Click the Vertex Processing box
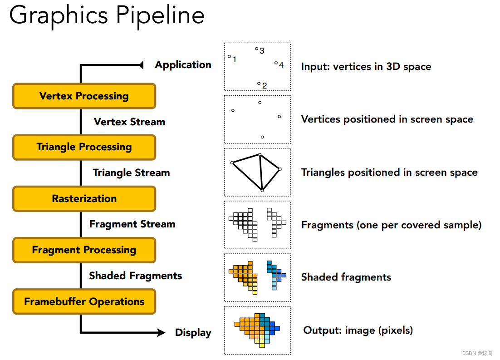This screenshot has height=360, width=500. click(x=84, y=96)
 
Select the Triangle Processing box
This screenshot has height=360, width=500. click(x=84, y=147)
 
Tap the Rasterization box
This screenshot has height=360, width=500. click(x=84, y=198)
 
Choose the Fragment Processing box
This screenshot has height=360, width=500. click(x=84, y=250)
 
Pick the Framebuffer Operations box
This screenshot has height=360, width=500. click(x=84, y=301)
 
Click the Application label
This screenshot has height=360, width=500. click(x=183, y=65)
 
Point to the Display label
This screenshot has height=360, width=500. click(x=193, y=333)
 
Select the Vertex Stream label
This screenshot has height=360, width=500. click(x=129, y=122)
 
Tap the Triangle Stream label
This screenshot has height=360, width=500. click(x=131, y=173)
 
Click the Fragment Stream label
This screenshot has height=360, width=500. click(x=132, y=224)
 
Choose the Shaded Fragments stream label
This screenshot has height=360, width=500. click(x=135, y=276)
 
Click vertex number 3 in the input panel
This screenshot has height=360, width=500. click(x=256, y=49)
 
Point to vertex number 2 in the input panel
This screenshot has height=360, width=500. click(x=259, y=84)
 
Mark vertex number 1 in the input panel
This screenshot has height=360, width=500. click(x=230, y=57)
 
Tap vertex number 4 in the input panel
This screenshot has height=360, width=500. click(x=276, y=63)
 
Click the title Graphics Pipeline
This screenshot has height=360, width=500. click(x=107, y=15)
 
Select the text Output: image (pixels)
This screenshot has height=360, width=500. click(x=358, y=330)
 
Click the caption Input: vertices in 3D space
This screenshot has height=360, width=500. click(x=366, y=67)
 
